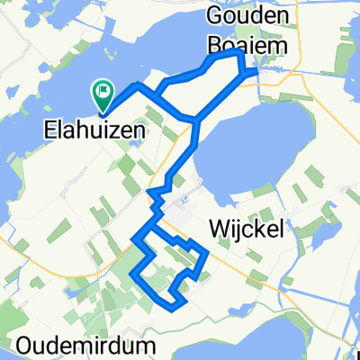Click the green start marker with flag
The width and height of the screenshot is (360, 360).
(x=102, y=92)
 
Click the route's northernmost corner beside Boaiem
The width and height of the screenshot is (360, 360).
(x=239, y=54)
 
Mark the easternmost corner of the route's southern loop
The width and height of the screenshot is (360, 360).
(x=208, y=255)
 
